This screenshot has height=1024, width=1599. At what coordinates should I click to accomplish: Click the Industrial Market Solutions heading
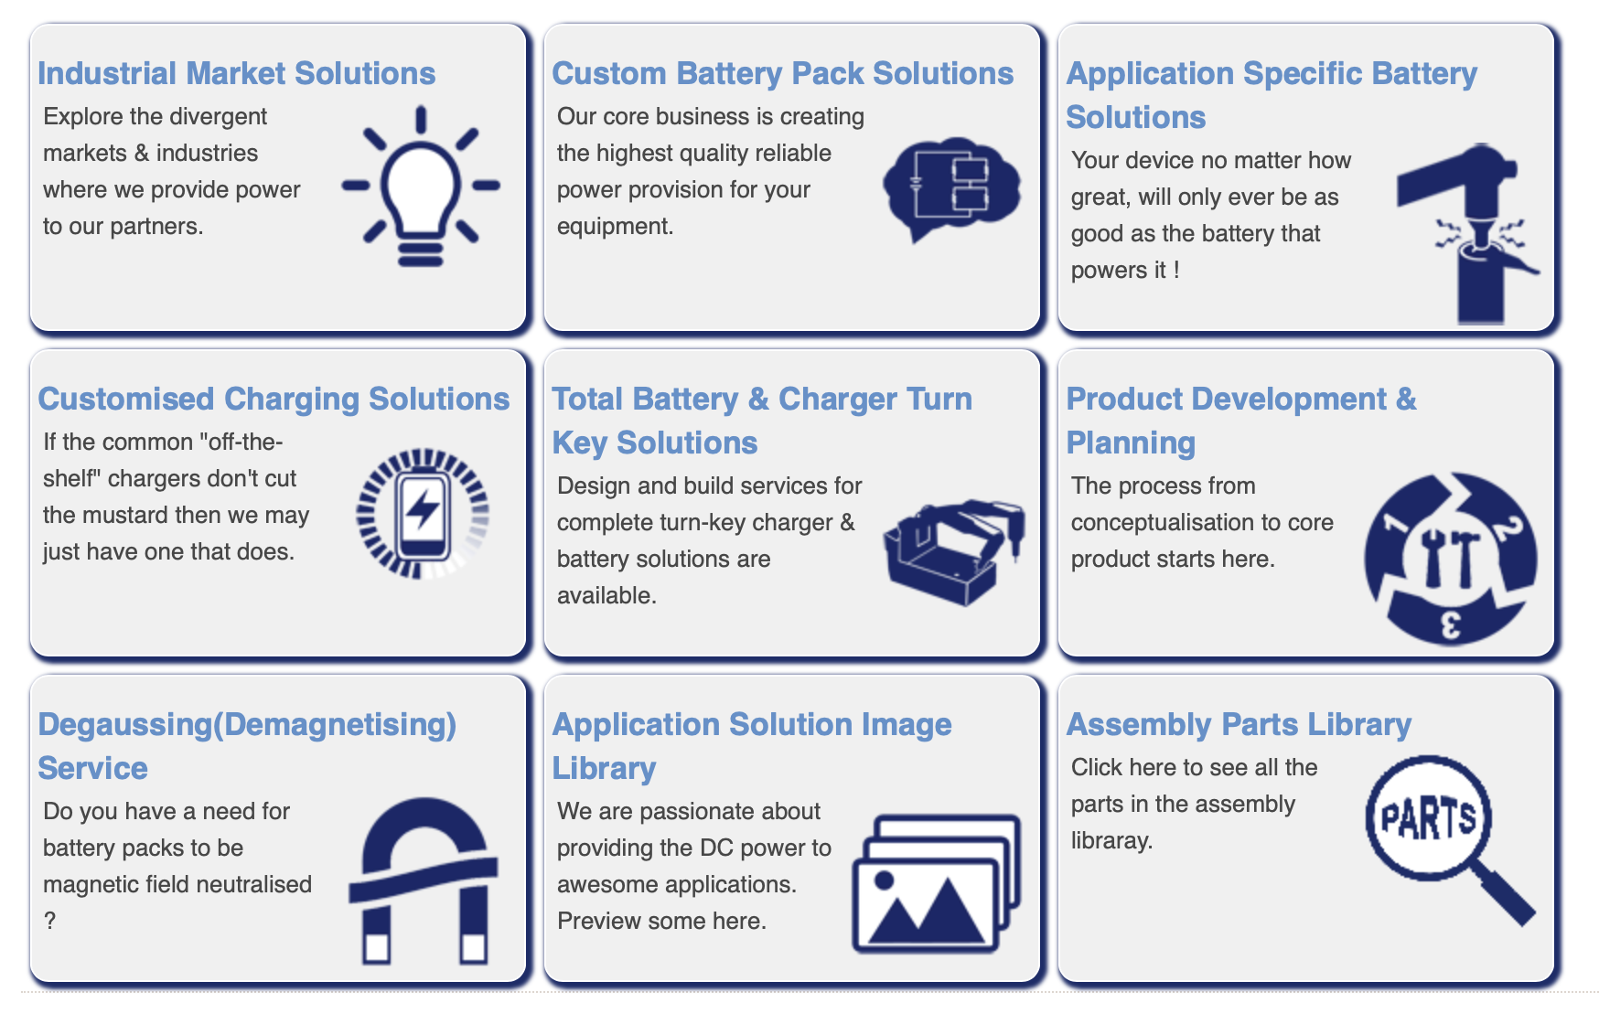(x=237, y=73)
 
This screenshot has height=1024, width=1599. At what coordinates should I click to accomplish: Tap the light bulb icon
(x=421, y=186)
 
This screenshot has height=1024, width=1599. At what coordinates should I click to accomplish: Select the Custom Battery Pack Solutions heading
(x=783, y=73)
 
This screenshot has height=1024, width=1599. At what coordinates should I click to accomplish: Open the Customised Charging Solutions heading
(x=274, y=399)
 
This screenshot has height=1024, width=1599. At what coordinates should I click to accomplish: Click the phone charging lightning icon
(x=423, y=513)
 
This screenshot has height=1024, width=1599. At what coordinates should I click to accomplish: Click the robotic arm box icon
(x=954, y=551)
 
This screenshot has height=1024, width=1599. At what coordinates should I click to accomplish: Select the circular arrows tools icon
(x=1451, y=559)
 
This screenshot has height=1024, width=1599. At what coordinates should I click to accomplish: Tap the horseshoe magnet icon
(x=423, y=881)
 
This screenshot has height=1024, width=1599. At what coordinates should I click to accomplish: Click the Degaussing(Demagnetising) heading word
(x=247, y=725)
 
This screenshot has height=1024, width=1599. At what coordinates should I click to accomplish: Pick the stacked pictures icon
(x=937, y=884)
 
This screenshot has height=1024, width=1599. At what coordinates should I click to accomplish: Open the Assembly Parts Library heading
(x=1239, y=724)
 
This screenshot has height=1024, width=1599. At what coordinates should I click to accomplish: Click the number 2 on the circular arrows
(x=1508, y=528)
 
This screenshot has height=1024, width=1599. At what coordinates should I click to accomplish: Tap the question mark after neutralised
(x=49, y=921)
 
